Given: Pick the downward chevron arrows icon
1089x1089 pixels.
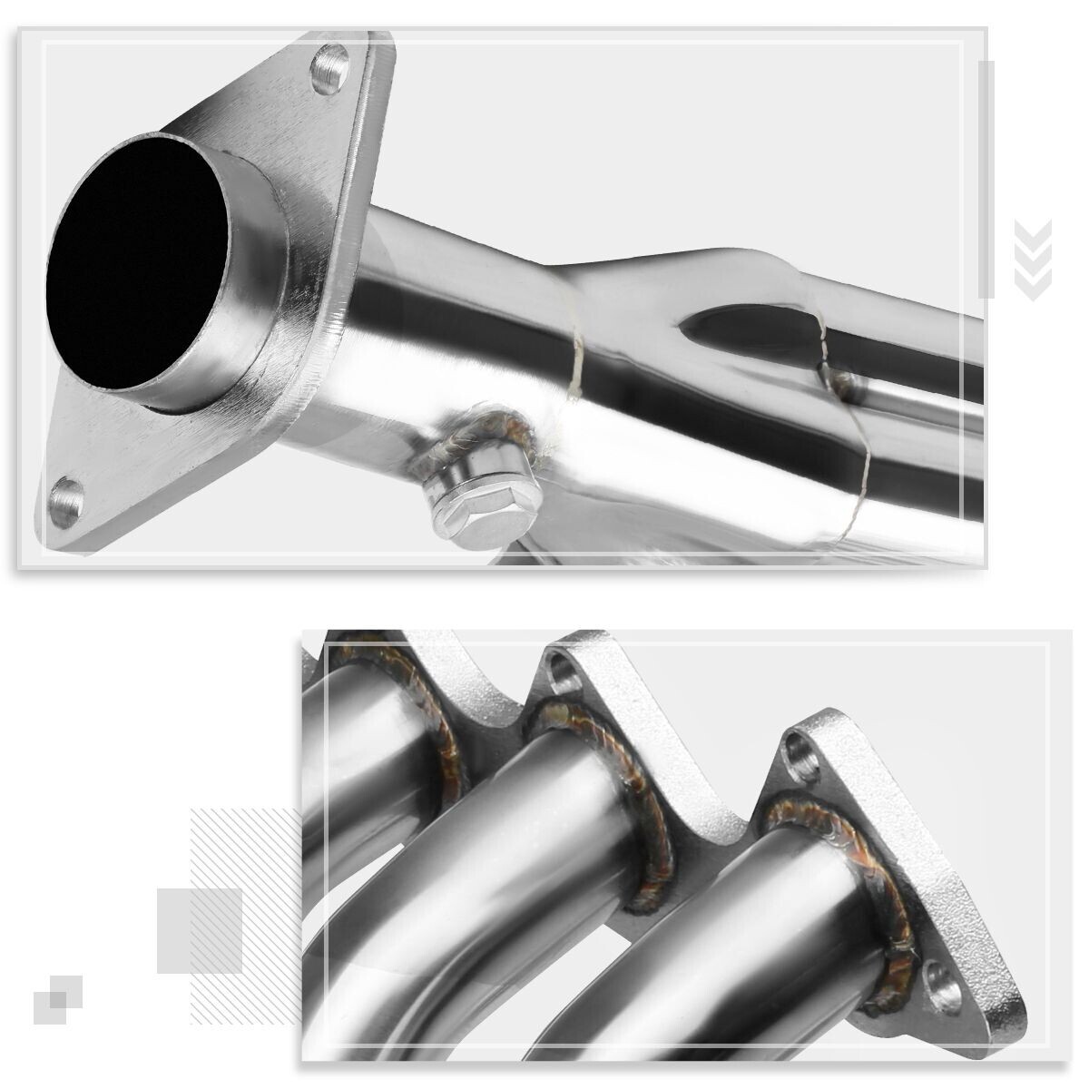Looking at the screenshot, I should pos(1033,260).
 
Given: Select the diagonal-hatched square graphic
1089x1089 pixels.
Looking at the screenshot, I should pos(245,871).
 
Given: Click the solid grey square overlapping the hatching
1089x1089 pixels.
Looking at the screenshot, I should pos(200,930).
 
